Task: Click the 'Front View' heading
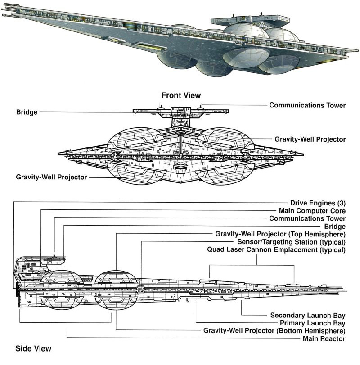pos(181,95)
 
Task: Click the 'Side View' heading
pos(33,348)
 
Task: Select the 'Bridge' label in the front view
pos(26,111)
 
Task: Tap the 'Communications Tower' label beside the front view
pos(307,105)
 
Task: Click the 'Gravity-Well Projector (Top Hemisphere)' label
pos(280,234)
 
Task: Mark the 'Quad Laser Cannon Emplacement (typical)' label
pos(276,249)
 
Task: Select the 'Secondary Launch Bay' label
pos(308,315)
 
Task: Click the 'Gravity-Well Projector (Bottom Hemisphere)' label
pos(274,330)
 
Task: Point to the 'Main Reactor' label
pos(324,338)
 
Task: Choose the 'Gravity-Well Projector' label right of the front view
pos(310,139)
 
